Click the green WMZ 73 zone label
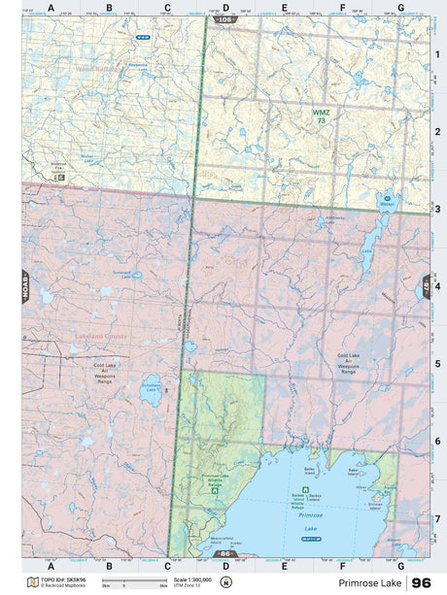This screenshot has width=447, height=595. point(321,116)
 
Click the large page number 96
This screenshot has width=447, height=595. point(422,582)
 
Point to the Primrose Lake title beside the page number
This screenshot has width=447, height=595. point(372,582)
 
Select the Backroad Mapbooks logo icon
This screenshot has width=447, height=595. point(33,582)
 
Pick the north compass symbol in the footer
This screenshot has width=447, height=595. point(225,582)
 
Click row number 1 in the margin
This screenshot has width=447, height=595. point(437,54)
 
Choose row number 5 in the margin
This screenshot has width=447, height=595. point(437,364)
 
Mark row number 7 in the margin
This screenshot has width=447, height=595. point(437,518)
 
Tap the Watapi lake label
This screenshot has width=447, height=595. point(387,205)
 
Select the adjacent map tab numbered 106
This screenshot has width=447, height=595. point(225,19)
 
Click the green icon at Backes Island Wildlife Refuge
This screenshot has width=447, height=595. point(306,488)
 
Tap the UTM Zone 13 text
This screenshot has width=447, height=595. point(188,586)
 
